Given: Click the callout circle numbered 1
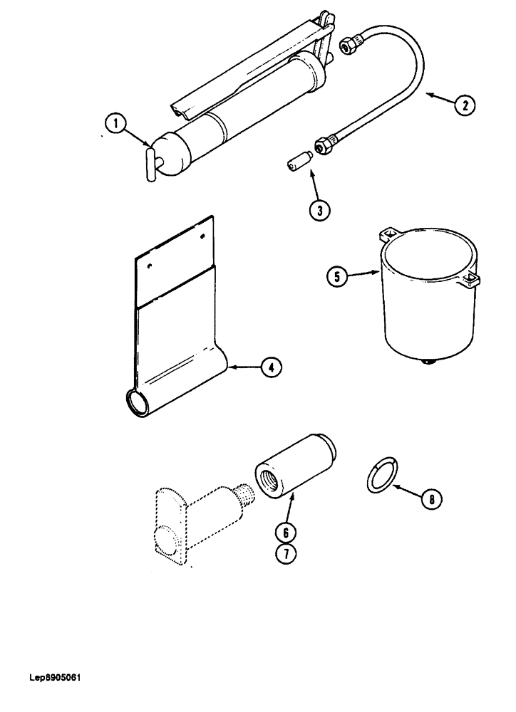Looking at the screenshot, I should click(x=113, y=125).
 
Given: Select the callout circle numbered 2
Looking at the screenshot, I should click(x=464, y=105).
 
